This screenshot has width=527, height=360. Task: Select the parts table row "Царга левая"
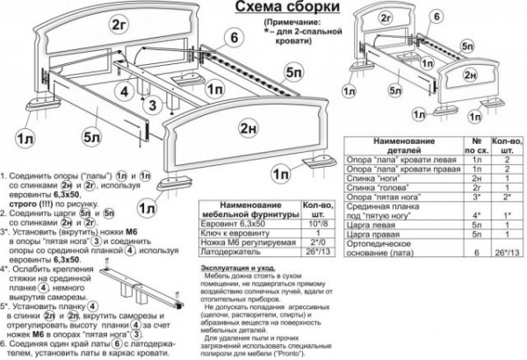394,227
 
